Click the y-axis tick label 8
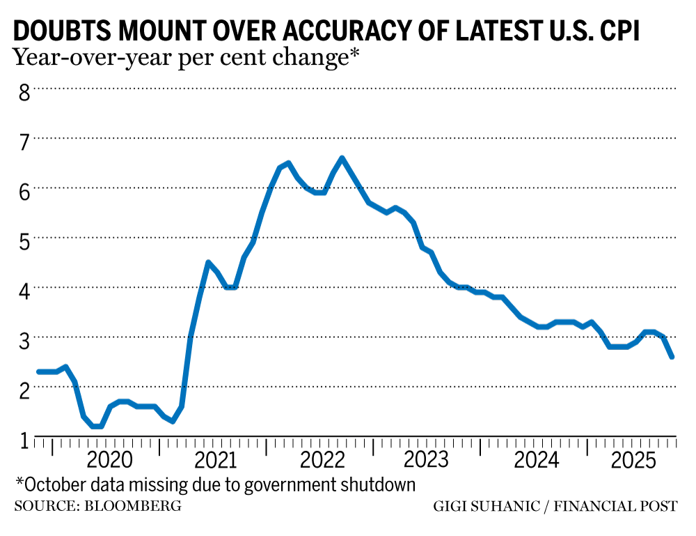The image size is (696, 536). pos(24,92)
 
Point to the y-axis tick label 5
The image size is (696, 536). pos(24,240)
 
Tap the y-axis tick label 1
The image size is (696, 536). pos(24,440)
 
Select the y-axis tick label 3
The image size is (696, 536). pos(24,341)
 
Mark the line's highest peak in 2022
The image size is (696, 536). pos(342,158)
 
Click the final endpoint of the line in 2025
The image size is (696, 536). pos(672,357)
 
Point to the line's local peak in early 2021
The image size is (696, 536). pos(208,262)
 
